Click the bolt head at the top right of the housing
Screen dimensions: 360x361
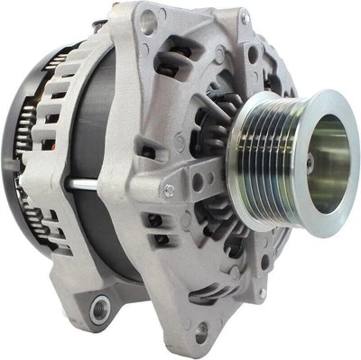pos(245,17)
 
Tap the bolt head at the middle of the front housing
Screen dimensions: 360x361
pos(169,189)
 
